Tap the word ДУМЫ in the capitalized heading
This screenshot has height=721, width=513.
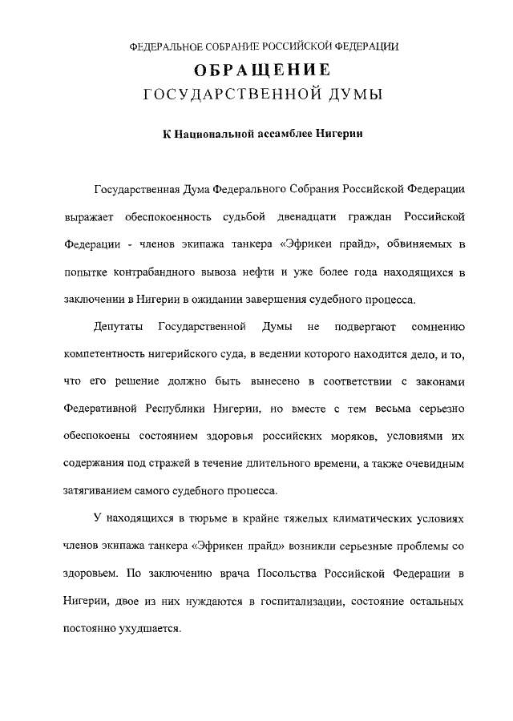click(x=349, y=96)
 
